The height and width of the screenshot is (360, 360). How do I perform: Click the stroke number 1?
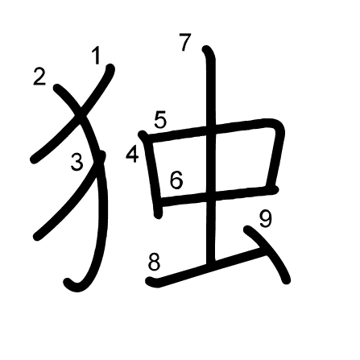pos(96,56)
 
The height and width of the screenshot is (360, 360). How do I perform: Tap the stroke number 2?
pos(39,77)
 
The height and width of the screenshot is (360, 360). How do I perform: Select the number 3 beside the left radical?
pos(77,162)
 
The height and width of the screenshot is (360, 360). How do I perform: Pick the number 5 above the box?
pos(160,119)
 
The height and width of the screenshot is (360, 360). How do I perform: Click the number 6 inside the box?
pos(176,180)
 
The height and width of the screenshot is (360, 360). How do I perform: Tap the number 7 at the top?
pos(185,42)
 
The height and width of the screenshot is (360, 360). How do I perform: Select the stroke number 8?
pos(154,262)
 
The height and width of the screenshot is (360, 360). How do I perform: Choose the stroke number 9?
pos(266,219)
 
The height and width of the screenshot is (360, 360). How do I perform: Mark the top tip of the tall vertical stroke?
pos(205,49)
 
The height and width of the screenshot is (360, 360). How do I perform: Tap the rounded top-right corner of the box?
pos(278,126)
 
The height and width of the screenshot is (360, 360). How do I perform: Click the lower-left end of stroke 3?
pos(37,237)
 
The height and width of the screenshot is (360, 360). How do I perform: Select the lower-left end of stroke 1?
pos(34,160)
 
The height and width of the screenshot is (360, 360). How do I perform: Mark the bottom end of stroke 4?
pos(159,215)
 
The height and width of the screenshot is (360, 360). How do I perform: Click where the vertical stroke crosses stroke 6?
pos(210,195)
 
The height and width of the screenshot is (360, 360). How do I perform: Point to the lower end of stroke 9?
pos(287,280)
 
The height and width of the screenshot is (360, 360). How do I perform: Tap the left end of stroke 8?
pos(150,281)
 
